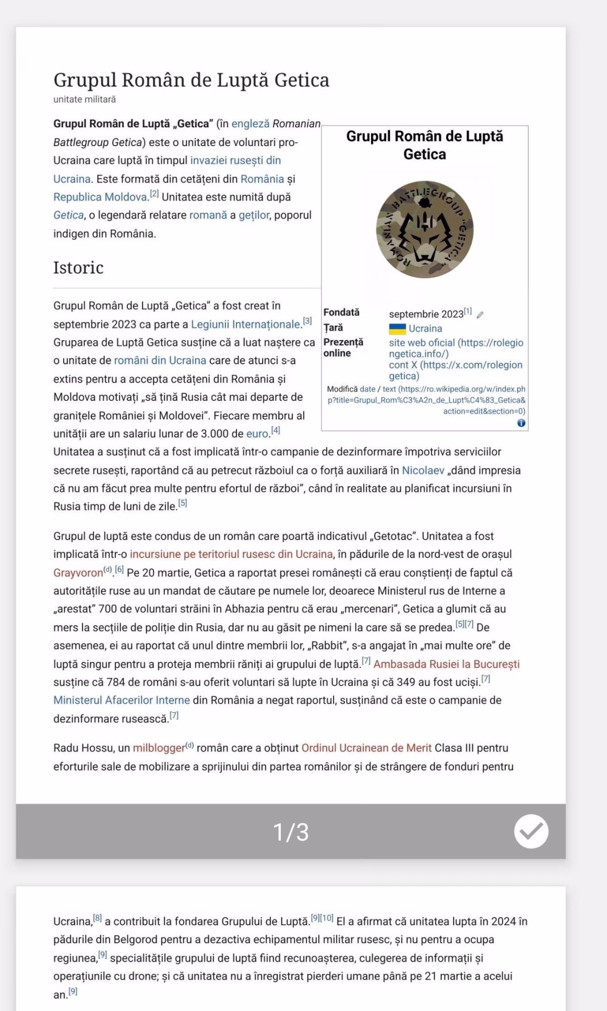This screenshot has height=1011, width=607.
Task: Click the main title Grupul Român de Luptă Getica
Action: click(x=191, y=80)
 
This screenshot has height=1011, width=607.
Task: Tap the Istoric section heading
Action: click(x=78, y=267)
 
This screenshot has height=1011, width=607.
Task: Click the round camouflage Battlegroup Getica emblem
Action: click(x=425, y=229)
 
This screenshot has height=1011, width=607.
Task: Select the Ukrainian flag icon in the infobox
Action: click(x=397, y=329)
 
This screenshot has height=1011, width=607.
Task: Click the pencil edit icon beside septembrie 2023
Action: click(x=480, y=315)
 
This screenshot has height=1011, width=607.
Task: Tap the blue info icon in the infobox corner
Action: click(x=521, y=423)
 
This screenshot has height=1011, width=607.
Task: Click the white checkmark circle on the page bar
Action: click(x=531, y=831)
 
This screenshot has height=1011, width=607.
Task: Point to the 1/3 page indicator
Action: click(x=290, y=832)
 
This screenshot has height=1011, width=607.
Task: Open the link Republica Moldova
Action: click(x=101, y=197)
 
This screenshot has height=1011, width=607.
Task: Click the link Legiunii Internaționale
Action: click(x=246, y=324)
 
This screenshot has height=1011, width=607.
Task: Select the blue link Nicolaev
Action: click(x=423, y=470)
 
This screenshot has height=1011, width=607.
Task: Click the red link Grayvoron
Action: click(x=78, y=573)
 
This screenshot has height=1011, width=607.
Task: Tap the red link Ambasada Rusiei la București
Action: click(x=446, y=664)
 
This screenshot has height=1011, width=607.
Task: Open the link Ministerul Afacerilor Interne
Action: click(x=122, y=701)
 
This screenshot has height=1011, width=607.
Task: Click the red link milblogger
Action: click(x=159, y=748)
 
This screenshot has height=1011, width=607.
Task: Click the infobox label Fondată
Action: click(x=342, y=312)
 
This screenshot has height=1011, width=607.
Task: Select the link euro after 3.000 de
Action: click(x=257, y=434)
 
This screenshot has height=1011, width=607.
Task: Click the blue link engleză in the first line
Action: click(x=250, y=124)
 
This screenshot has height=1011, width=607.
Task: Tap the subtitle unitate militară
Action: click(x=85, y=100)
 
